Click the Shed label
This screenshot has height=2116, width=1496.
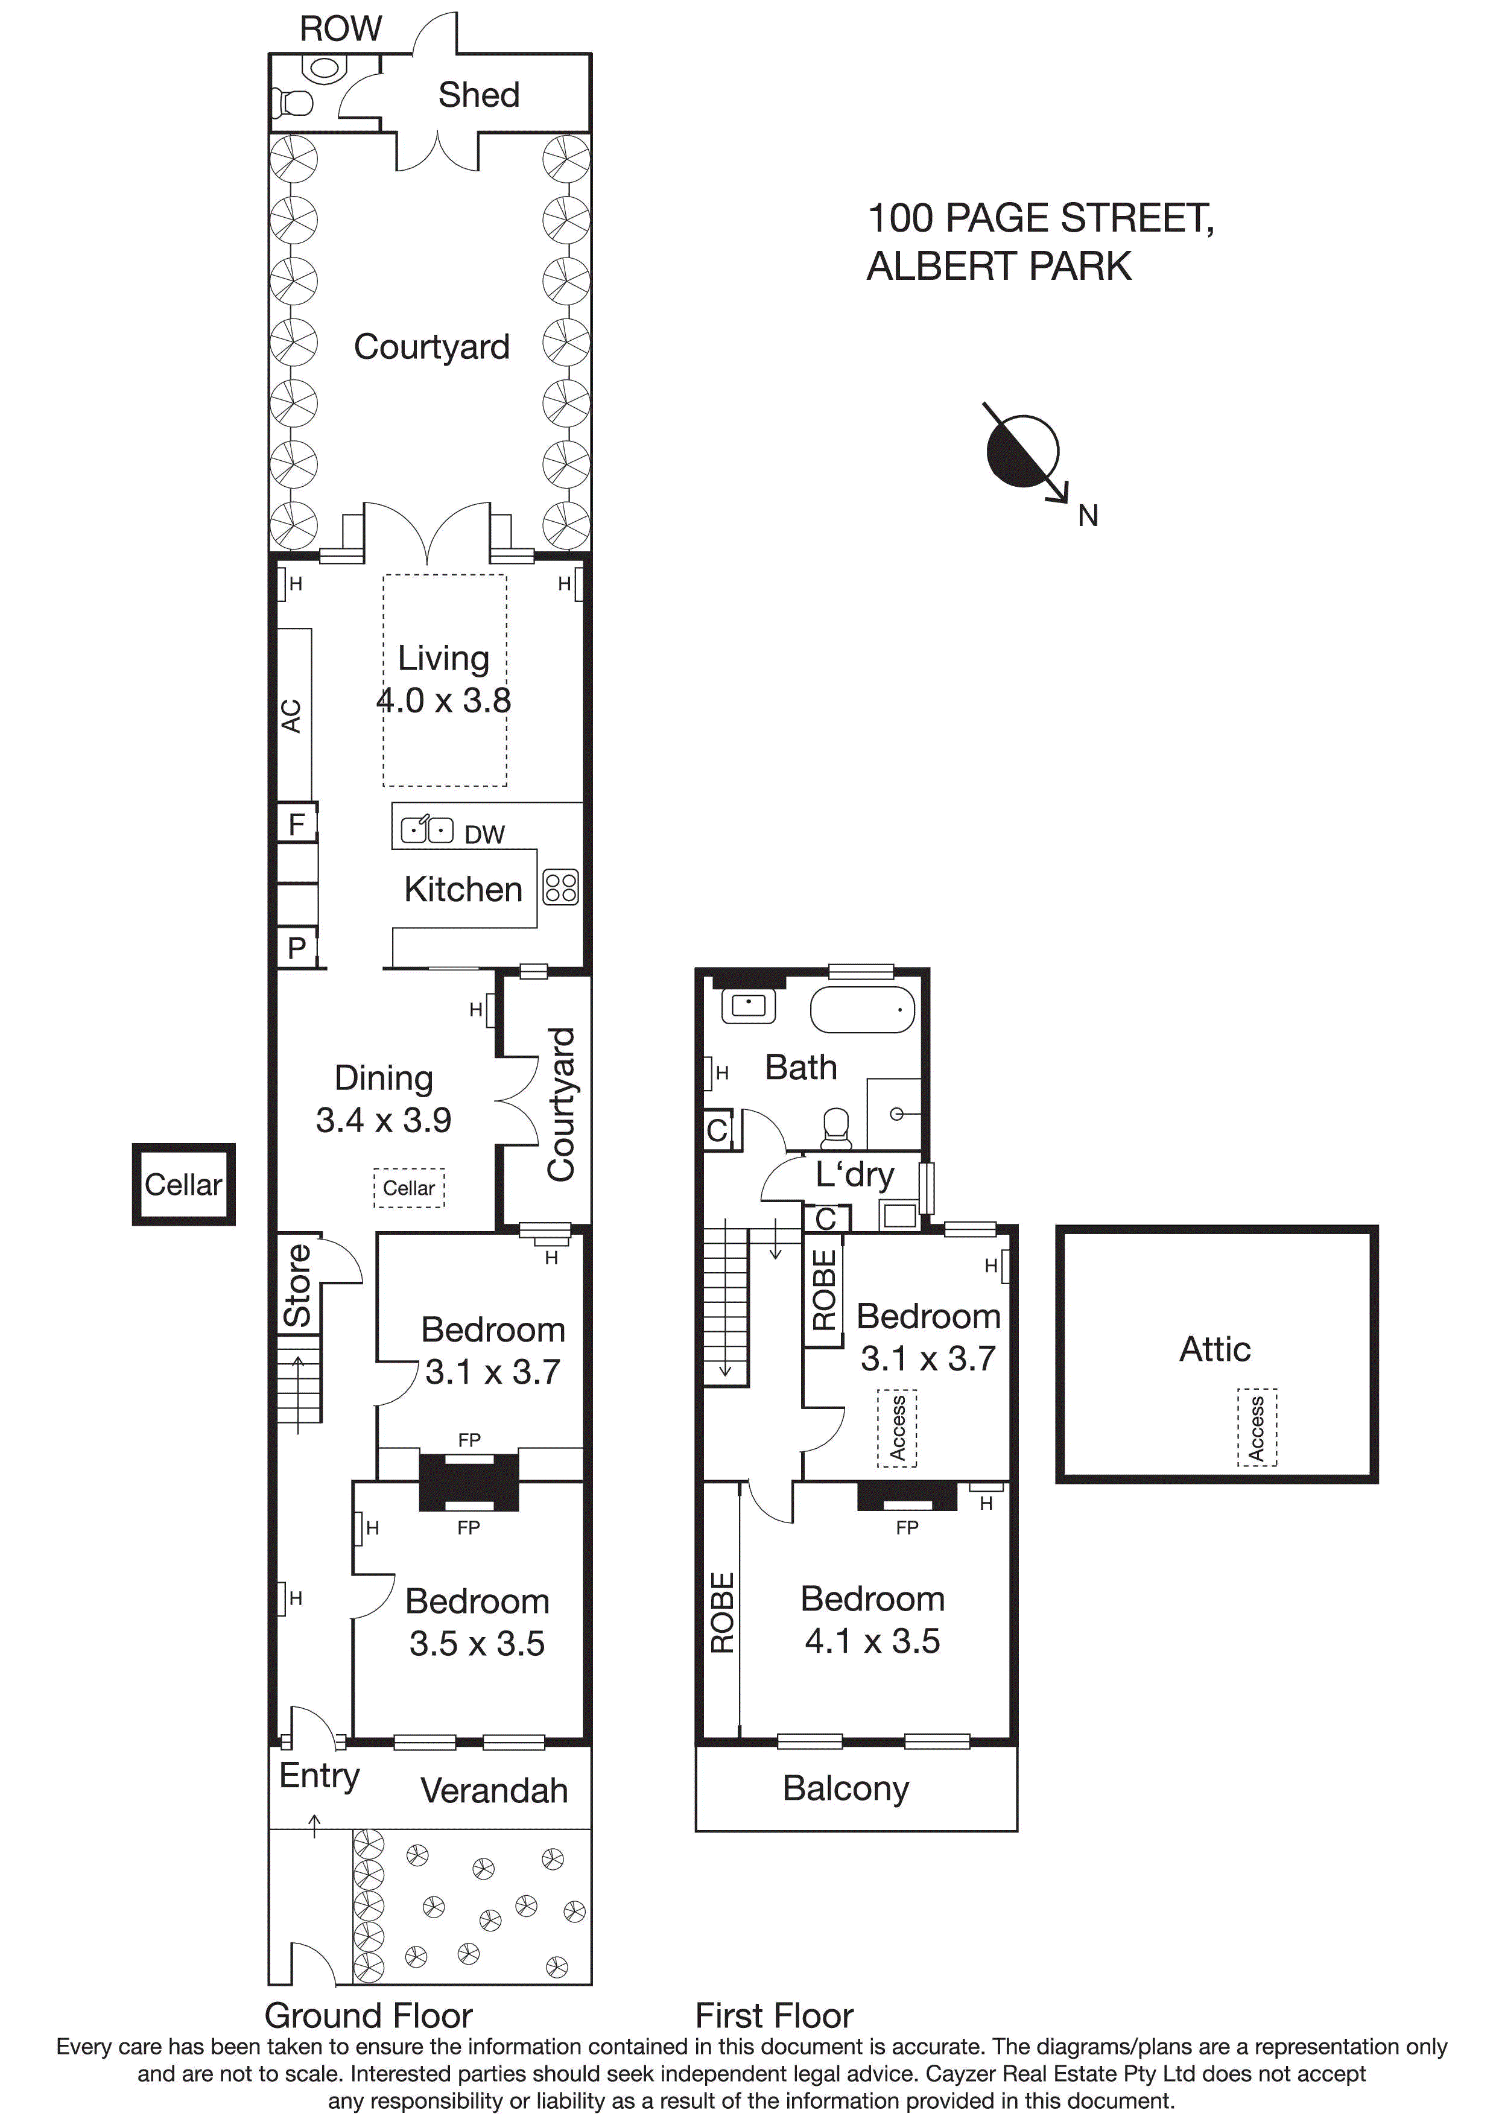tap(478, 95)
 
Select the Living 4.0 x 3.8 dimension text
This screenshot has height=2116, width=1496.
tap(443, 700)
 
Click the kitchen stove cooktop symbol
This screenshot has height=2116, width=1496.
tap(560, 887)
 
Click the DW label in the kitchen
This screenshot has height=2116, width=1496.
tap(485, 835)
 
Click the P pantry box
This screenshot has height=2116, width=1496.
tap(297, 948)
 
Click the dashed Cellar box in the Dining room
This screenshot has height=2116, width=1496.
tap(409, 1188)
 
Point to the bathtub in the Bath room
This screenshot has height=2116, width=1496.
tap(862, 1011)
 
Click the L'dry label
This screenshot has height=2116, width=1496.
tap(854, 1174)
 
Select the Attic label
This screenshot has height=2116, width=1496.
tap(1215, 1349)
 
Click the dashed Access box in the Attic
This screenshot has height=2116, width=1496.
tap(1257, 1428)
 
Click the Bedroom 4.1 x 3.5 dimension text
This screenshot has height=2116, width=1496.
tap(872, 1641)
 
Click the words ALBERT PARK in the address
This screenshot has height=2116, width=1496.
tap(999, 267)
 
